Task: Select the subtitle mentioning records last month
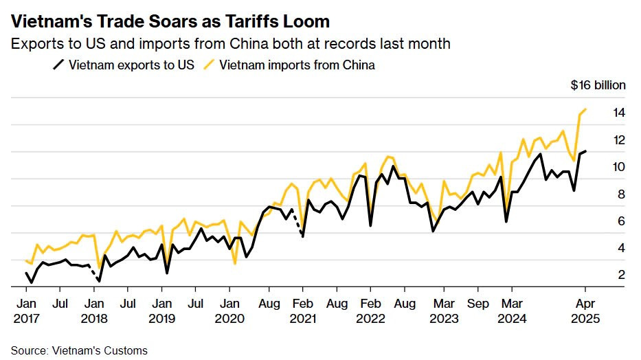[x=230, y=44]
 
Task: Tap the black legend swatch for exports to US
[x=58, y=65]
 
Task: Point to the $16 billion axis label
[x=598, y=85]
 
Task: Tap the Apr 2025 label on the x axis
[x=585, y=311]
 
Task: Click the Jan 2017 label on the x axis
[x=26, y=311]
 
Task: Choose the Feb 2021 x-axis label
[x=303, y=311]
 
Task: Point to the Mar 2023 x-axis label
[x=443, y=311]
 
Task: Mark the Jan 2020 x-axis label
[x=230, y=311]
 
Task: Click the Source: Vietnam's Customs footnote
[x=79, y=350]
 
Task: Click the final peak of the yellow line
[x=585, y=109]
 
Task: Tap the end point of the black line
[x=585, y=151]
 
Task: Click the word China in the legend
[x=359, y=65]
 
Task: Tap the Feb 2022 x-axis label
[x=371, y=311]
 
